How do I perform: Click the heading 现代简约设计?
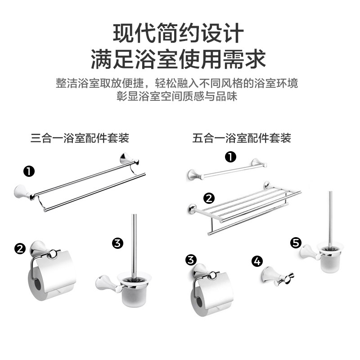coord(178,33)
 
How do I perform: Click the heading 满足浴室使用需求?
coord(178,59)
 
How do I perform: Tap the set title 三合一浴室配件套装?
coord(80,138)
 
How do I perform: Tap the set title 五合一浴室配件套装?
coord(242,138)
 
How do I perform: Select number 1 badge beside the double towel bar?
coord(29,171)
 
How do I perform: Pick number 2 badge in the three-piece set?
coord(20,249)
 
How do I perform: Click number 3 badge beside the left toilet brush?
coord(117,243)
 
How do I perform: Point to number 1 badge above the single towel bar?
coord(231,157)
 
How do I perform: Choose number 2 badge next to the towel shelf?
coord(209,198)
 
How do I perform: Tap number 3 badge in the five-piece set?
coord(191,260)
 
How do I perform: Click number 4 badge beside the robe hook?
coord(257,261)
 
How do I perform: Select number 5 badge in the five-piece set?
coord(296,243)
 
